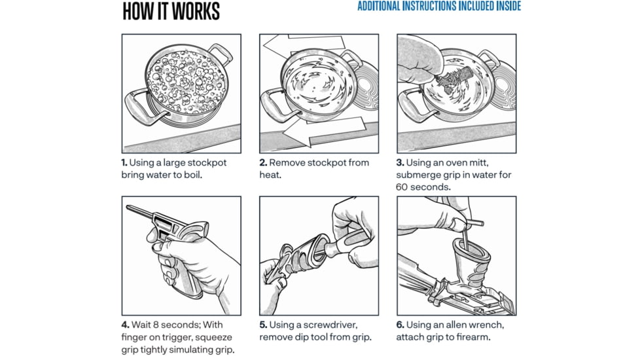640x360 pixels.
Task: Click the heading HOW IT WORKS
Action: [171, 11]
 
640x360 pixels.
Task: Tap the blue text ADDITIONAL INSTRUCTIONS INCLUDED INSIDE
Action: [439, 7]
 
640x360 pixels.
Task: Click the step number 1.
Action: [124, 163]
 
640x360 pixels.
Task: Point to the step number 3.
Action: [400, 163]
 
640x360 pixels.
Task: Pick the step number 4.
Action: [124, 325]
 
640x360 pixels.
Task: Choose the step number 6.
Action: [400, 325]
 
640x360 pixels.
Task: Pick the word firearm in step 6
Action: [471, 338]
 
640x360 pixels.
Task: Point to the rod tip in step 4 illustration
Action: [129, 209]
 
